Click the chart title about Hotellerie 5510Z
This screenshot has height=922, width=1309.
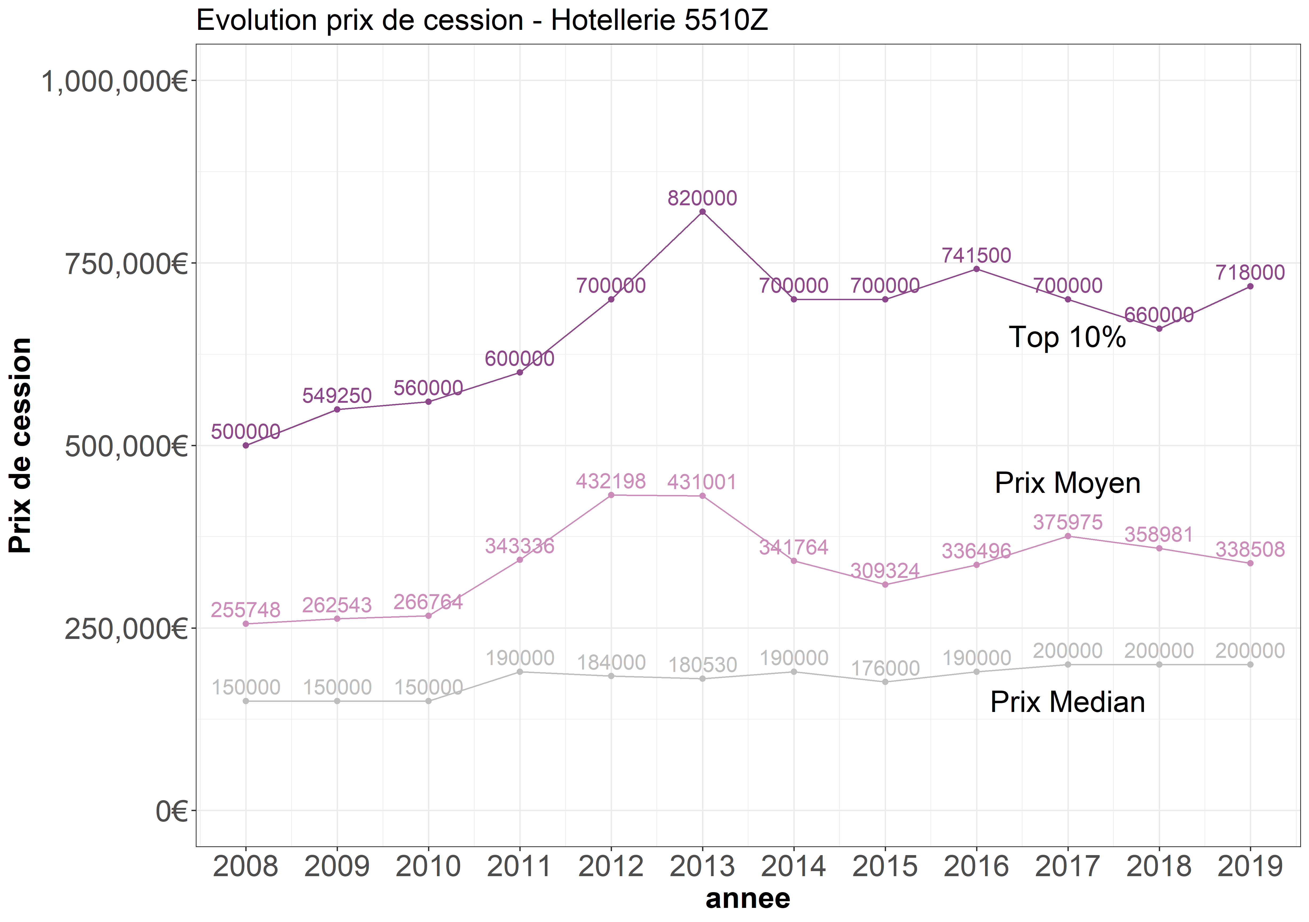(x=482, y=21)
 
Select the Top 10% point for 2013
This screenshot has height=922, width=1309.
(x=702, y=212)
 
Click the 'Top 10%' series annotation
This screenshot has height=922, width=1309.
(x=1067, y=337)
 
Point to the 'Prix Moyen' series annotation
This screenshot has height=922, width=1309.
(x=1067, y=483)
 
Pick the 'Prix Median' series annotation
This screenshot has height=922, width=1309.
(x=1067, y=702)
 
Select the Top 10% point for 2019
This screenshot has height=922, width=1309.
(x=1250, y=287)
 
